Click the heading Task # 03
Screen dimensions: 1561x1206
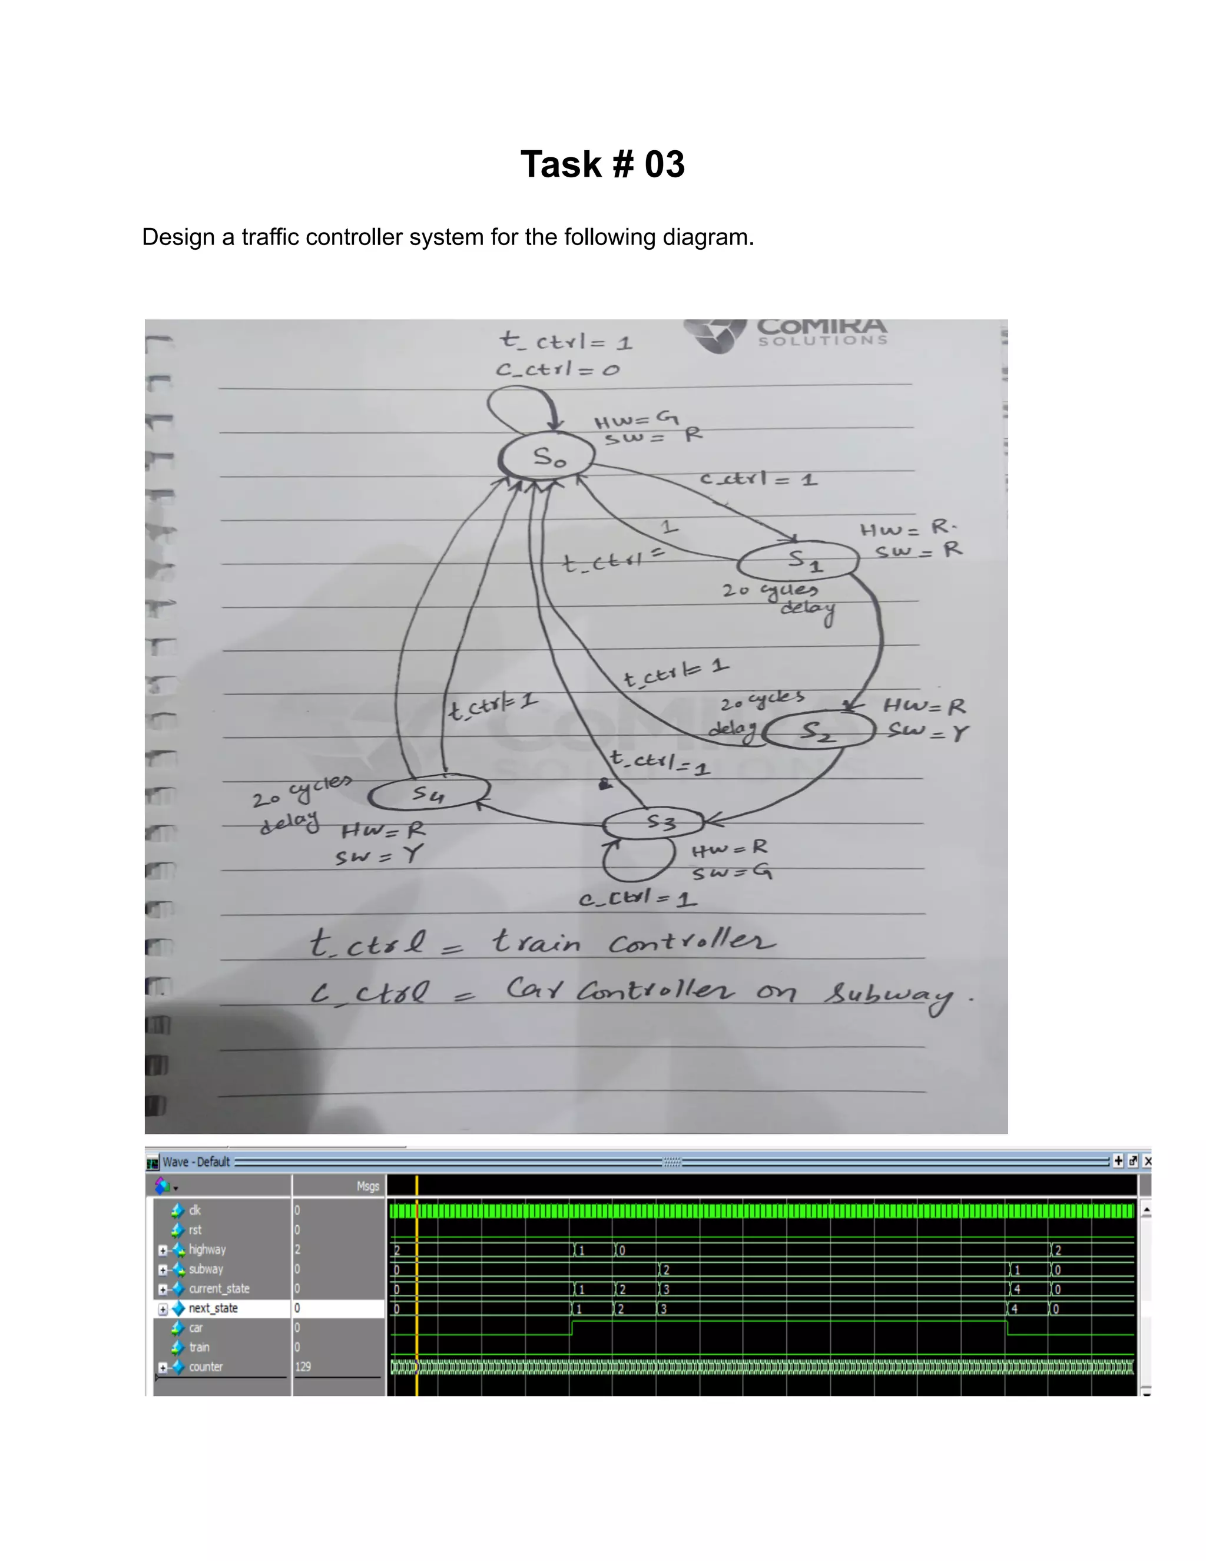tap(602, 164)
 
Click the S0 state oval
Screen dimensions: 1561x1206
tap(547, 456)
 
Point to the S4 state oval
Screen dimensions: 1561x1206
tap(429, 793)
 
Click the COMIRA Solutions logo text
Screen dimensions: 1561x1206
tap(821, 331)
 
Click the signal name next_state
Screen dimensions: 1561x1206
tap(213, 1308)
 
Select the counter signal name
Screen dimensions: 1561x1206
tap(206, 1367)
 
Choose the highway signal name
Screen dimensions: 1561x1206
tap(207, 1249)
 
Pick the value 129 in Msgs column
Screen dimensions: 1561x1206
tap(303, 1367)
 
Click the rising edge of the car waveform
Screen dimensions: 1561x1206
tap(572, 1327)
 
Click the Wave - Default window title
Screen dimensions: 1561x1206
tap(196, 1162)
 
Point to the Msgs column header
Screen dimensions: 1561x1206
tap(367, 1186)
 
